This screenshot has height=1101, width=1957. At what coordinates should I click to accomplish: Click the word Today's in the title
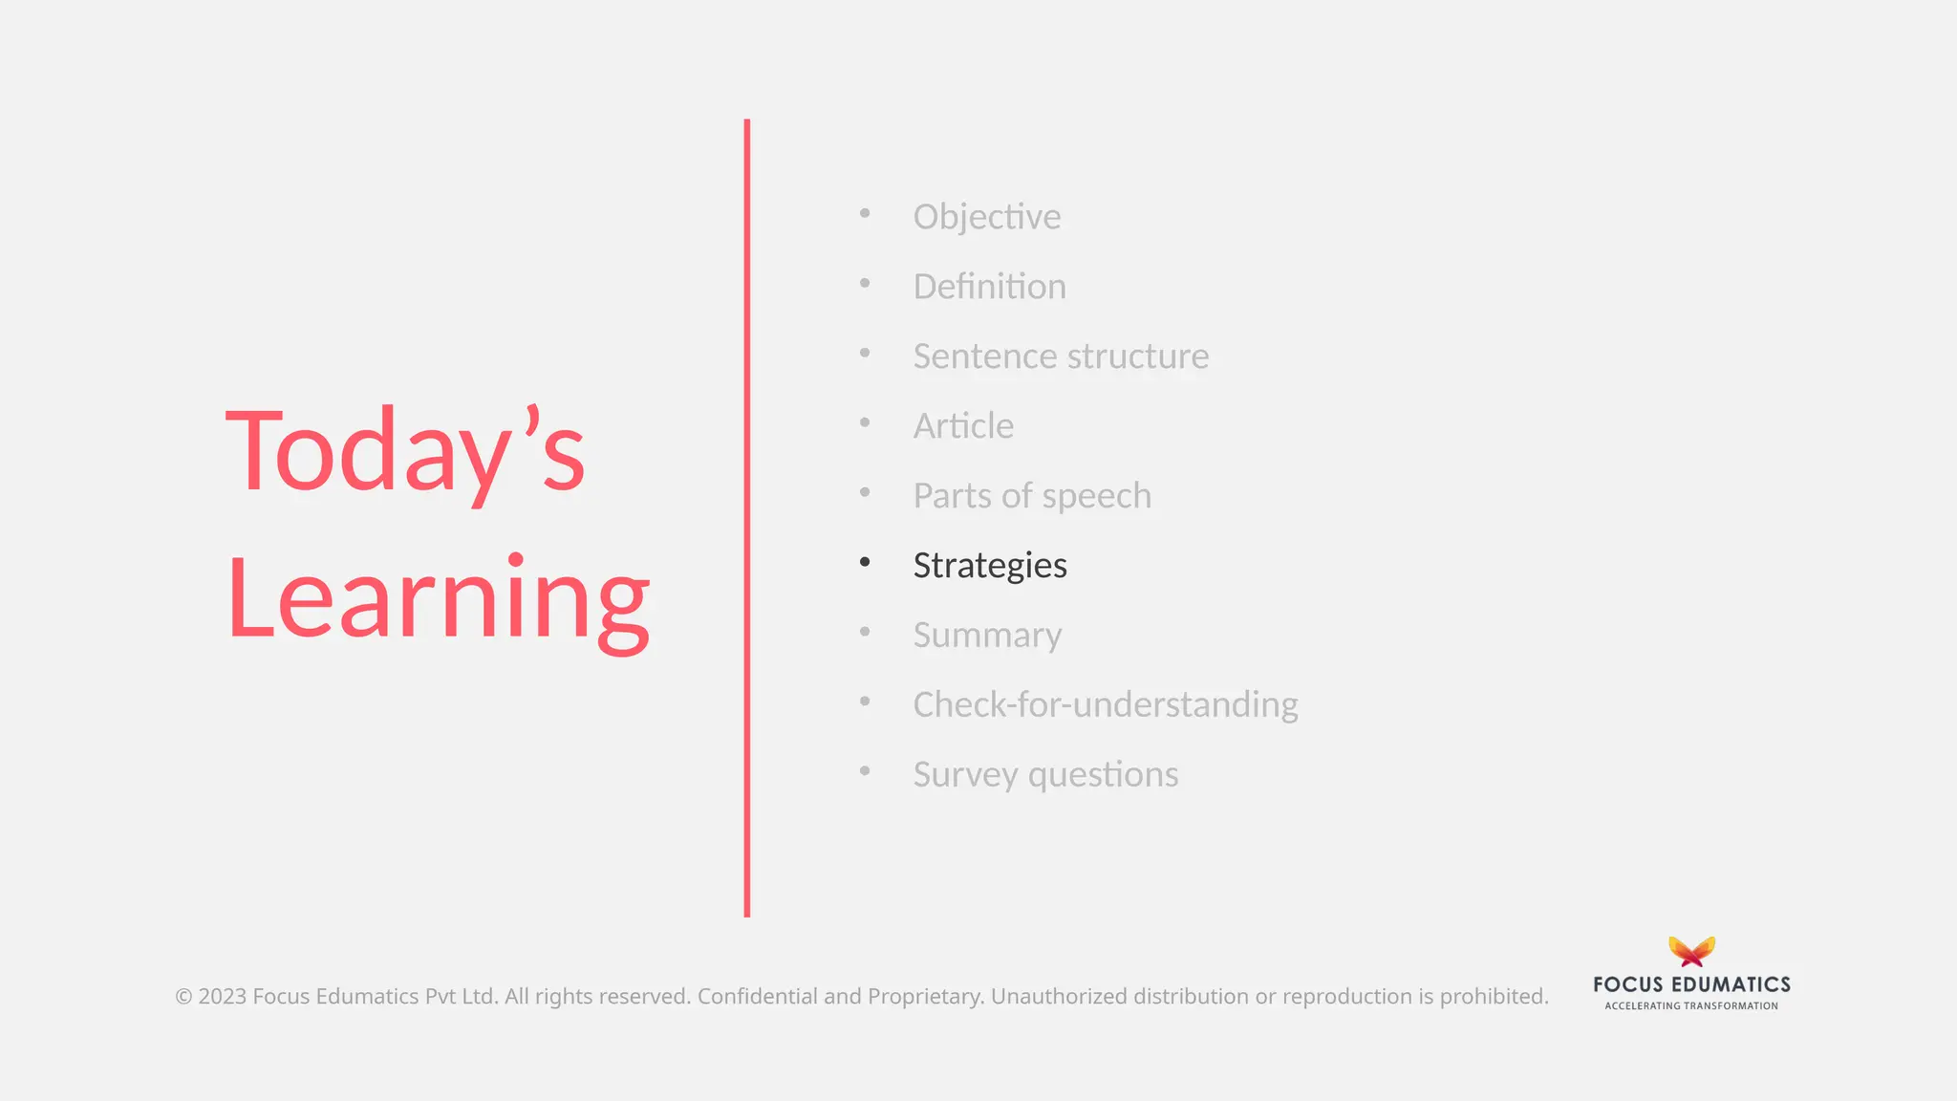[405, 451]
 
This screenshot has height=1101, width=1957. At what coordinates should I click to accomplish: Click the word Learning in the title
[439, 599]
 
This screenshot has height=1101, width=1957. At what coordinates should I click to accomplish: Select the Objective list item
[986, 217]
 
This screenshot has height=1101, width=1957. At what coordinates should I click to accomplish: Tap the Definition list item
[989, 287]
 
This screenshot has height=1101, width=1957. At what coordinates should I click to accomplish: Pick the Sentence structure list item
[1061, 356]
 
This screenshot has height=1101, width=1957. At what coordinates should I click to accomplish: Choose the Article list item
[963, 426]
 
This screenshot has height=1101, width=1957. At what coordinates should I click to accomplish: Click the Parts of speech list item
[1032, 496]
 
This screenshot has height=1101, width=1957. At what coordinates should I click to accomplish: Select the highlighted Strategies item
[990, 565]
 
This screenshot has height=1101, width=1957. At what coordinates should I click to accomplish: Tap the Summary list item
[987, 636]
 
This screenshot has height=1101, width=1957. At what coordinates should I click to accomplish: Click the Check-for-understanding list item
[1105, 704]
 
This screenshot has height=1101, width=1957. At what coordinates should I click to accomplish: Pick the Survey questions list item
[1045, 774]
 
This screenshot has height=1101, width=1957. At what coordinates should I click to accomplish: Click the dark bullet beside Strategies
[865, 562]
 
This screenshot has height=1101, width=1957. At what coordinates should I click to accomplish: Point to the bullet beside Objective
[865, 213]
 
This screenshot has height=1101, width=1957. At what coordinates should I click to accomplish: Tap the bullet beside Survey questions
[865, 770]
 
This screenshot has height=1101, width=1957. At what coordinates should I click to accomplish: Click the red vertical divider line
[747, 516]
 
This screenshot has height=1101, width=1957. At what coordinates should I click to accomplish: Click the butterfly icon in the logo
[1691, 951]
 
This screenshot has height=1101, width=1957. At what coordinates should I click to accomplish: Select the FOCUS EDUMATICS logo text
[1691, 984]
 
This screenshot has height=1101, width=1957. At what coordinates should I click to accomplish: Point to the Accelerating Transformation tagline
[1691, 1005]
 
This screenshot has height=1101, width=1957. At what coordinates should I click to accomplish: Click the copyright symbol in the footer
[183, 997]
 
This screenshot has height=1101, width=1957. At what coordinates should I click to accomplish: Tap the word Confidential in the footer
[758, 997]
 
